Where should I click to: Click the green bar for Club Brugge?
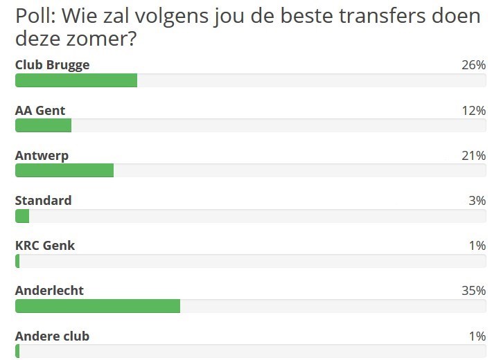click(x=76, y=80)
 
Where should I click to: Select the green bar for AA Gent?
click(x=43, y=125)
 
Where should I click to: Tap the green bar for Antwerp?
click(x=64, y=170)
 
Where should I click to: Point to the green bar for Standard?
click(x=22, y=216)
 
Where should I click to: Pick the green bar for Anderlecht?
click(x=98, y=306)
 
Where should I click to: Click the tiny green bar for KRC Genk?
click(x=17, y=261)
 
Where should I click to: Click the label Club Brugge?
click(x=52, y=65)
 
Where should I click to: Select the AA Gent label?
click(x=40, y=110)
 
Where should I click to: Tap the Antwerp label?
click(x=42, y=156)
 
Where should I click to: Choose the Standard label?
click(x=43, y=201)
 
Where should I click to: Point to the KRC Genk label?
click(x=45, y=246)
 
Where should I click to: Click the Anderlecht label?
click(x=49, y=291)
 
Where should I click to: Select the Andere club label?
click(x=52, y=336)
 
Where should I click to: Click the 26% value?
click(x=473, y=65)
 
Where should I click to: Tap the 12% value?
click(x=473, y=110)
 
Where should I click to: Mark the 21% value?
click(x=473, y=156)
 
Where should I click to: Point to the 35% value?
click(x=473, y=291)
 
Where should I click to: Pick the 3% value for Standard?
click(x=477, y=201)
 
